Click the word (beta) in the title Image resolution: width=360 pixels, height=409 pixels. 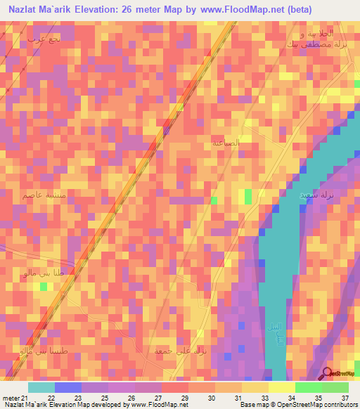pyautogui.click(x=280, y=10)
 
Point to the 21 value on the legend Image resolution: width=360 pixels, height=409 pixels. pyautogui.click(x=25, y=398)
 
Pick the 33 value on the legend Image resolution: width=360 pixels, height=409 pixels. pyautogui.click(x=264, y=398)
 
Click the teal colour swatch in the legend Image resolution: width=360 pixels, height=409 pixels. pyautogui.click(x=41, y=387)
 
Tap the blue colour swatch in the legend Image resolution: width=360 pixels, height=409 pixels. pyautogui.click(x=68, y=387)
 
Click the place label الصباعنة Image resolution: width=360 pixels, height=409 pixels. pyautogui.click(x=226, y=143)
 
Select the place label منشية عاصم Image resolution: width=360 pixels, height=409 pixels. pyautogui.click(x=45, y=195)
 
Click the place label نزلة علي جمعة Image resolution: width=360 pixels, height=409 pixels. pyautogui.click(x=174, y=349)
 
